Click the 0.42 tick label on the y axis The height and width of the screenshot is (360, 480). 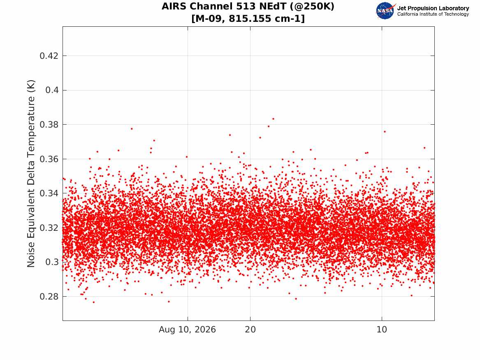(49, 56)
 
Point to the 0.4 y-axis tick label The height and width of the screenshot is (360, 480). (52, 90)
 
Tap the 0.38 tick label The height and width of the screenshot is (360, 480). (49, 125)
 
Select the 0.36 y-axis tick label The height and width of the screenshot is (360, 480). (49, 159)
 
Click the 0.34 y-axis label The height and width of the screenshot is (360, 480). (49, 193)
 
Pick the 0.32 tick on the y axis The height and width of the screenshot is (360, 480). (49, 228)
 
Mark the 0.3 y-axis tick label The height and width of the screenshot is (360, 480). (52, 262)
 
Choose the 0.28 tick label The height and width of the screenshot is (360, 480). (49, 297)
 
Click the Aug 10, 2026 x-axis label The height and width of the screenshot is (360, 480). (187, 330)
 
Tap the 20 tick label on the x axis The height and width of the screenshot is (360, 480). (250, 330)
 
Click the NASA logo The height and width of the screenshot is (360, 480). (385, 11)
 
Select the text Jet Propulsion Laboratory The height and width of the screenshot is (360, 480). (433, 8)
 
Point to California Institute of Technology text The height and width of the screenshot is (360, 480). (433, 14)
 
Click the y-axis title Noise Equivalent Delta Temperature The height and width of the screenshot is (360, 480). (31, 174)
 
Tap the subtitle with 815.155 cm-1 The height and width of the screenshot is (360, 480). (248, 19)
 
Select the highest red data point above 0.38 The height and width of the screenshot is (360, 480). (274, 119)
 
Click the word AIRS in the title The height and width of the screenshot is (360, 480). (174, 7)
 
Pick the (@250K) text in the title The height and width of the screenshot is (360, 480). (312, 7)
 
